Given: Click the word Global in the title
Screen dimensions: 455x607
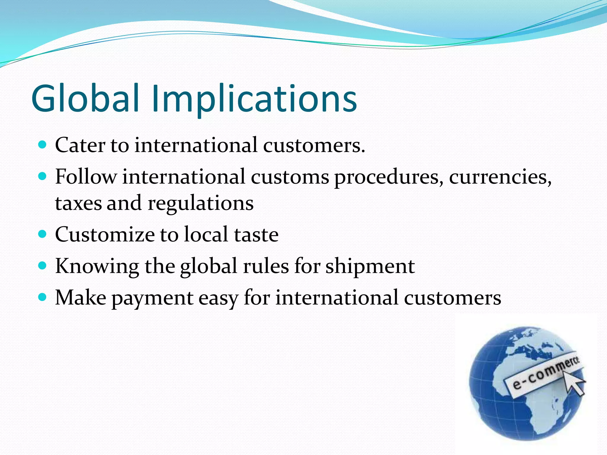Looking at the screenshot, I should click(85, 98).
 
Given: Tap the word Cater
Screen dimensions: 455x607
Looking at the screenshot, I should click(80, 145).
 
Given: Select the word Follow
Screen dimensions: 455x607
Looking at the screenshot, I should click(86, 177).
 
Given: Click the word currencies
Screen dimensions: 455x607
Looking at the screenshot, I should click(500, 177).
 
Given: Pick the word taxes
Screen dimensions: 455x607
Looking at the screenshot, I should click(78, 204).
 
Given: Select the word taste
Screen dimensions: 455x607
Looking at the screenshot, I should click(256, 235).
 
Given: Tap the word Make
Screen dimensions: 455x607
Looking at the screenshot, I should click(81, 297).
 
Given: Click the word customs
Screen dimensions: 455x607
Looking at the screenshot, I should click(290, 177).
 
